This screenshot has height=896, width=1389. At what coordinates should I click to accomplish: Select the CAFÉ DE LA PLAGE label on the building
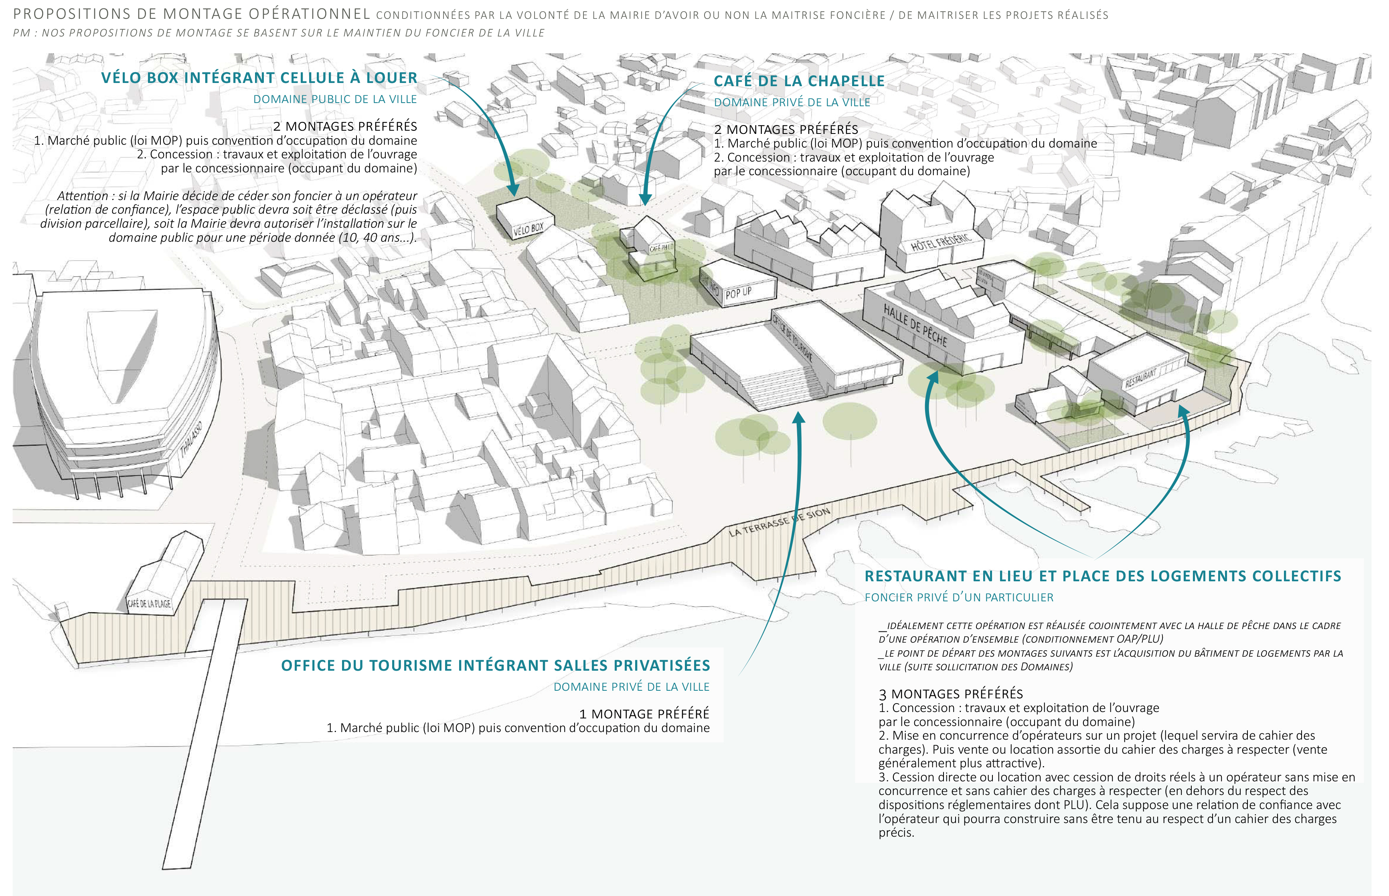150,603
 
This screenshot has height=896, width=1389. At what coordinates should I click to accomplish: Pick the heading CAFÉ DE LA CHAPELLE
799,81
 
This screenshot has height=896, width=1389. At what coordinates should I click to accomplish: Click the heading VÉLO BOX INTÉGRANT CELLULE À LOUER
259,78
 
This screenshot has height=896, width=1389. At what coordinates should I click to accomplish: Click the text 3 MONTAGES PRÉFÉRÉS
950,694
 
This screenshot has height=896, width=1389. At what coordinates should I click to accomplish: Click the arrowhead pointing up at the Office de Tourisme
799,417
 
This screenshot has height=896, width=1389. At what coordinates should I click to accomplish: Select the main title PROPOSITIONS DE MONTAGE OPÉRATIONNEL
192,14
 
